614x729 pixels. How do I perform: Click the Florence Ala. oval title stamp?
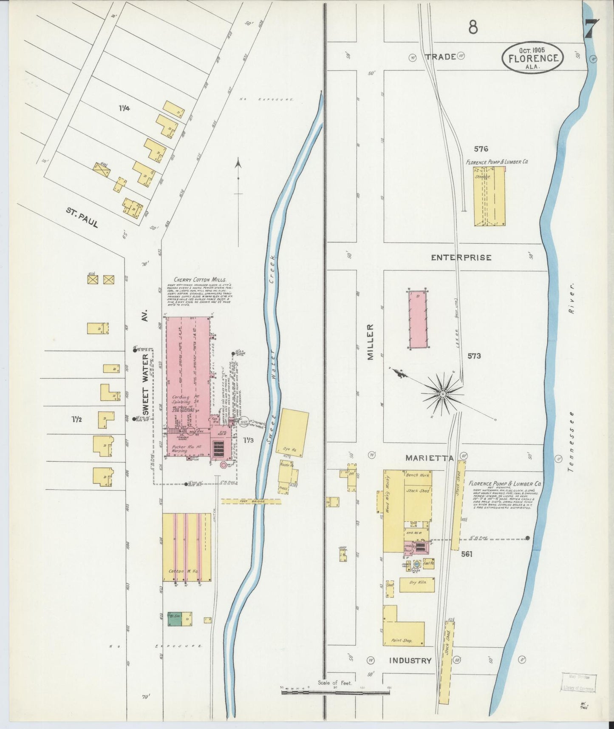coord(533,58)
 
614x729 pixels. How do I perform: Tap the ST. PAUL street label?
coord(82,217)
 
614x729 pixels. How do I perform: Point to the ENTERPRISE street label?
coord(461,257)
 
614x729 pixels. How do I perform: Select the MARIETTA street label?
coord(429,458)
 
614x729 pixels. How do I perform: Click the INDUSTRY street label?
coord(410,661)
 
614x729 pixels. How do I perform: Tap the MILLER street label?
coord(371,342)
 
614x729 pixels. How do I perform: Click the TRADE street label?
coord(441,57)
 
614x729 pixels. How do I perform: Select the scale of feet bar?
coord(335,692)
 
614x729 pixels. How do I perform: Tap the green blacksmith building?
coord(174,619)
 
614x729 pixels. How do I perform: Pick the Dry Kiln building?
coord(417,585)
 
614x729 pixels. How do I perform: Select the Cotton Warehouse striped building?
coord(187,547)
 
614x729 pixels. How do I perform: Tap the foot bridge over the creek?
coord(251,501)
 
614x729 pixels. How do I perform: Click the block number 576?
coord(481,149)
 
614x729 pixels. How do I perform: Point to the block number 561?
coord(467,554)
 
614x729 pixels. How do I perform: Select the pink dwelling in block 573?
coord(418,319)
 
